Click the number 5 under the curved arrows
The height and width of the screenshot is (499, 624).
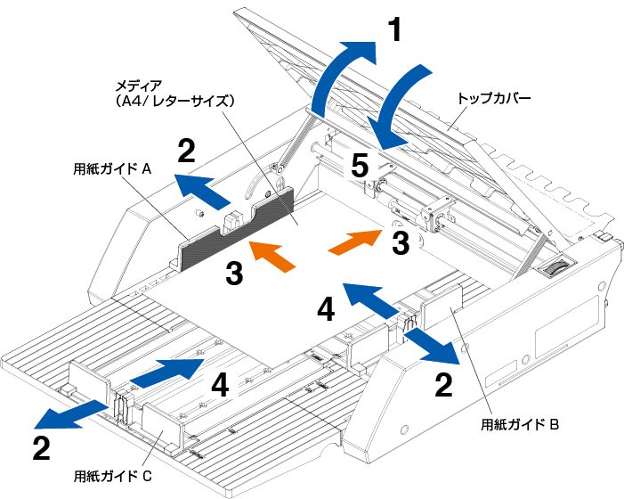[x=359, y=164]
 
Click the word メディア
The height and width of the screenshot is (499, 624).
[x=139, y=86]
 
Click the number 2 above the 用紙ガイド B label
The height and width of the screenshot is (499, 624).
[x=442, y=384]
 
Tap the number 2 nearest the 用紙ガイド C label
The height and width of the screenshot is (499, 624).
[x=41, y=448]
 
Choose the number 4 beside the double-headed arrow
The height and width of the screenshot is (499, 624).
[x=326, y=309]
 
